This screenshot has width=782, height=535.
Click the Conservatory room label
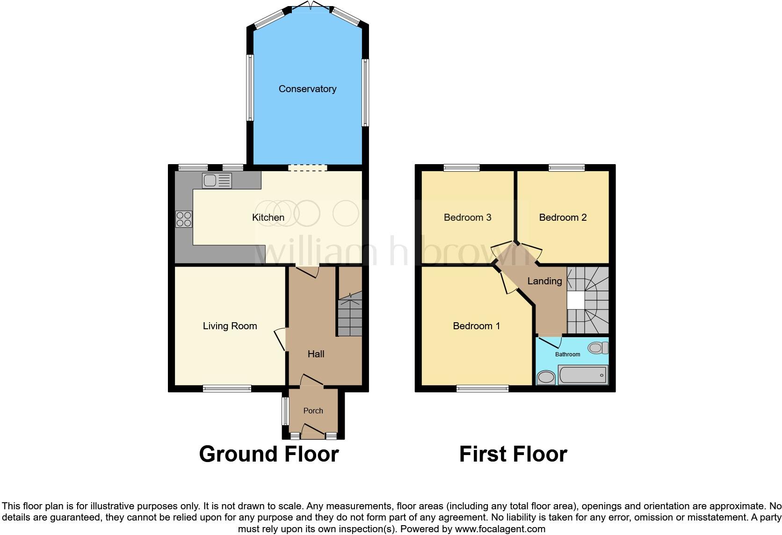point(307,89)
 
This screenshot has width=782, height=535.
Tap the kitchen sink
point(217,181)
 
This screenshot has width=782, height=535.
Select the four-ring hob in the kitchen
point(184,219)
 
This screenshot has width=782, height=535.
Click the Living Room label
point(230,326)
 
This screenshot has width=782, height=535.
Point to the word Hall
point(316,354)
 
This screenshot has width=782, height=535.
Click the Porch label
point(313,411)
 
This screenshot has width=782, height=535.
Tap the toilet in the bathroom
point(598,347)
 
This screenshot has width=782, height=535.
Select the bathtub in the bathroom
point(583,375)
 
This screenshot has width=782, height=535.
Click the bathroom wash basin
point(545,377)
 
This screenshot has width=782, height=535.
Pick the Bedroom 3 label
point(467,217)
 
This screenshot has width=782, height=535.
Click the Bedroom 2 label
point(563,217)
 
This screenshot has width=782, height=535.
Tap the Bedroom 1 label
point(476,326)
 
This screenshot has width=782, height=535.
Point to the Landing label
point(544,281)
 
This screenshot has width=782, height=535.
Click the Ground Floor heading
point(268,454)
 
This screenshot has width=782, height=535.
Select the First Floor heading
point(513,454)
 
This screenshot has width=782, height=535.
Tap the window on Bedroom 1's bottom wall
point(482,388)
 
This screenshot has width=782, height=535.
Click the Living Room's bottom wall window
point(227,388)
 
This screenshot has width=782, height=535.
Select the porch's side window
point(285,411)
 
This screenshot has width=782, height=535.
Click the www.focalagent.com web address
point(500,529)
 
